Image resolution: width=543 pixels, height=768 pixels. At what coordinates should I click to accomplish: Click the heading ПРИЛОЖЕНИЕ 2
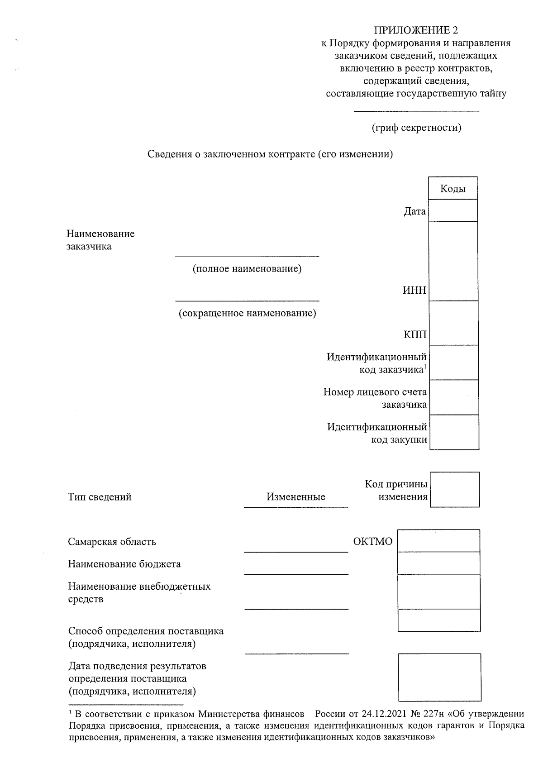click(415, 30)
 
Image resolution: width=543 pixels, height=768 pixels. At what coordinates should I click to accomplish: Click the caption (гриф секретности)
click(416, 128)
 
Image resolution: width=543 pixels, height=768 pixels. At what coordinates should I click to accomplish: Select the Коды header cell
click(452, 189)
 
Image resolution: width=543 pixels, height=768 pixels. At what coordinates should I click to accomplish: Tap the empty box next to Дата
click(452, 210)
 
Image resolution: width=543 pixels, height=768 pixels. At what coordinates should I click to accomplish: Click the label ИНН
click(414, 290)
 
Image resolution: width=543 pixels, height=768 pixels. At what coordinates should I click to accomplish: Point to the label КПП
click(415, 335)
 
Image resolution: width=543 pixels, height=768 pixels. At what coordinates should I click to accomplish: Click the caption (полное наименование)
click(247, 269)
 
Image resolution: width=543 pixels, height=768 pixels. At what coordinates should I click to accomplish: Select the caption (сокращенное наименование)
click(247, 313)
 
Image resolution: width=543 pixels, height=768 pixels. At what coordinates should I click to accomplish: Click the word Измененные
click(296, 497)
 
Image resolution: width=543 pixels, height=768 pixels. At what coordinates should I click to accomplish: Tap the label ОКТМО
click(372, 541)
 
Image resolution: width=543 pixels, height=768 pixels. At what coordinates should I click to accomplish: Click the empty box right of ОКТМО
click(438, 541)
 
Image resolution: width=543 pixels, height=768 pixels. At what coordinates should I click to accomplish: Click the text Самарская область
click(112, 542)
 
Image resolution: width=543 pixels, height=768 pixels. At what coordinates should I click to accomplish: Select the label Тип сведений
click(100, 497)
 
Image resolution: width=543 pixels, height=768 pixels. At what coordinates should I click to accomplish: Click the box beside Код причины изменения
click(454, 490)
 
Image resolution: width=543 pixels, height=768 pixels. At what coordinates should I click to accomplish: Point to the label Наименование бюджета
click(124, 564)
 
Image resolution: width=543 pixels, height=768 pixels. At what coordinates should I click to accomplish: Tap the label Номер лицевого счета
click(375, 392)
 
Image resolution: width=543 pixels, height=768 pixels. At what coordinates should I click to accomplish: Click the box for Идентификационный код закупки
click(454, 432)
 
